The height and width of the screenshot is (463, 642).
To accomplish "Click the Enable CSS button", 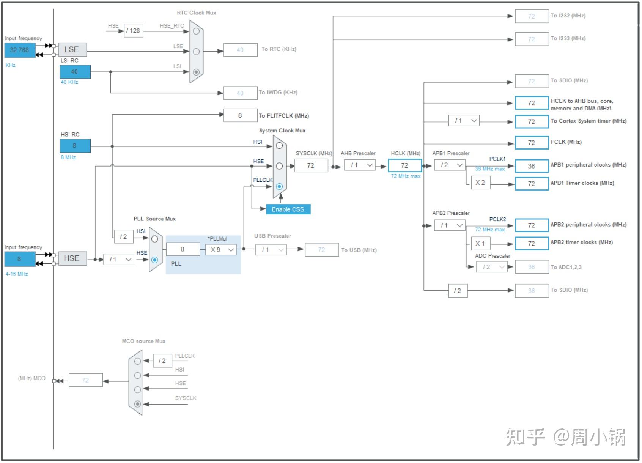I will [x=288, y=209].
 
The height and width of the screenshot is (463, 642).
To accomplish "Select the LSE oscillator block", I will [x=72, y=50].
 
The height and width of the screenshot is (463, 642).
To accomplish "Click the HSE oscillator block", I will [x=72, y=258].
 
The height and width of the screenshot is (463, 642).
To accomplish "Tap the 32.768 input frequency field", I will [x=20, y=50].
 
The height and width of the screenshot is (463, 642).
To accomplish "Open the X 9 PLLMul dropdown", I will [x=221, y=250].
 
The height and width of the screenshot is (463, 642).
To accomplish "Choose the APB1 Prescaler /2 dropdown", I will [x=450, y=165].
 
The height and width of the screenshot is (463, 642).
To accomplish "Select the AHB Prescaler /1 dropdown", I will [x=360, y=165].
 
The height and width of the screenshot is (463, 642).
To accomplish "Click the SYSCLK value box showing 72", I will [x=311, y=165].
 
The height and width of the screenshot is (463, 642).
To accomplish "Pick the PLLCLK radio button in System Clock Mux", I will [x=279, y=186].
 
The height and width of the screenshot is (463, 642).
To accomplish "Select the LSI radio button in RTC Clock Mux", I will [x=196, y=72].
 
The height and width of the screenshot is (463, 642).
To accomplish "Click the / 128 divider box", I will [x=134, y=31].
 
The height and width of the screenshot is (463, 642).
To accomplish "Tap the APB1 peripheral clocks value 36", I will [x=532, y=166].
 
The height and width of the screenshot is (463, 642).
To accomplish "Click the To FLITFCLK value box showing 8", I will [x=240, y=115].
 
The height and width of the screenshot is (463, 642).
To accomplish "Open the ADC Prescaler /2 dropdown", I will [x=492, y=267].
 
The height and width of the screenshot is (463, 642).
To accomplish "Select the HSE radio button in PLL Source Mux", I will [x=155, y=260].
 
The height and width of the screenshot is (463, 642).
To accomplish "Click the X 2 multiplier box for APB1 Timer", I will [x=480, y=183].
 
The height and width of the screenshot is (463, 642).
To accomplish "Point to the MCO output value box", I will [x=85, y=380].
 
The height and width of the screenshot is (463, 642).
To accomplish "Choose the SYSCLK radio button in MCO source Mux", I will [x=138, y=404].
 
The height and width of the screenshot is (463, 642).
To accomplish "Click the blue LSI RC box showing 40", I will [x=75, y=72].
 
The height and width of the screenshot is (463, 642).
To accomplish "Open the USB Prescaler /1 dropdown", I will [x=271, y=250].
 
